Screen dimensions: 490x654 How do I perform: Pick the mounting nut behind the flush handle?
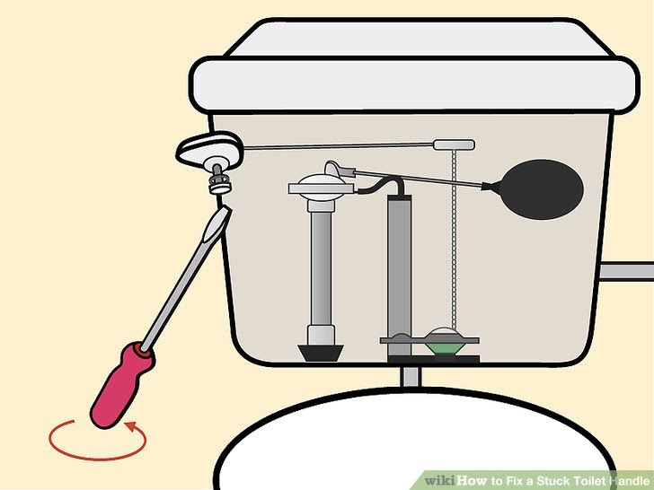(218, 184)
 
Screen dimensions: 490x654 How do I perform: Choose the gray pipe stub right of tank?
(628, 269)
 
